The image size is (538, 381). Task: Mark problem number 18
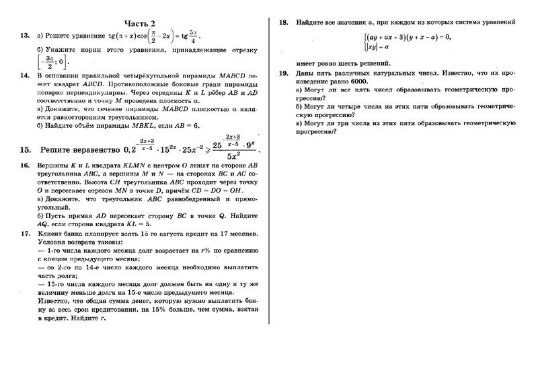(283, 22)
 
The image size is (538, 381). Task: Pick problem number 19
(283, 73)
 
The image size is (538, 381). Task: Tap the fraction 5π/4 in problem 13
(194, 36)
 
